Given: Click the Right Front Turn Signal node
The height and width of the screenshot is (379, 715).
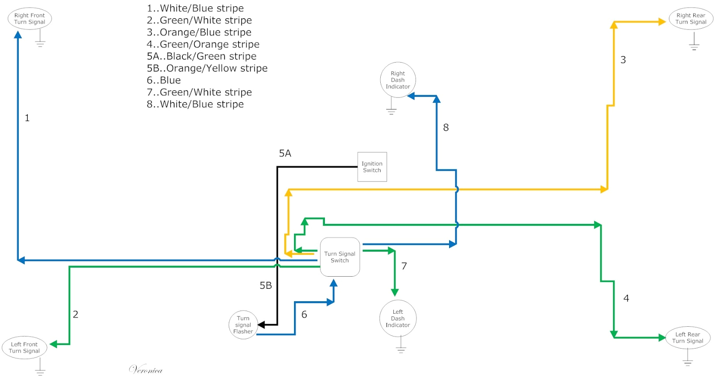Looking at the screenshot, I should coord(29,19).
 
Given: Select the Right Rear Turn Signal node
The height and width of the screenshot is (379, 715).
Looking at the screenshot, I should coord(691,19).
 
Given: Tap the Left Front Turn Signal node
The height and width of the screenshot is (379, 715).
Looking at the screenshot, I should coord(25,348).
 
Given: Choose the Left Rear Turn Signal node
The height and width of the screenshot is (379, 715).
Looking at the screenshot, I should coord(688,338).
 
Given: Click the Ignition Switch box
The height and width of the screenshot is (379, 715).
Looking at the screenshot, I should coord(372,167).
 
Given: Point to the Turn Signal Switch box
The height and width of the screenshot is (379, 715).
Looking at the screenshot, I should coord(340,257).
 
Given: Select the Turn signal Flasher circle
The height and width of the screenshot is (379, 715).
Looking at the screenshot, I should coord(243,325).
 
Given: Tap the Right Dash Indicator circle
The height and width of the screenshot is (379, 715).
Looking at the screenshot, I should coord(398,80).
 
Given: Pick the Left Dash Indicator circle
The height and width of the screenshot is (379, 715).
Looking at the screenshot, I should coord(398,318).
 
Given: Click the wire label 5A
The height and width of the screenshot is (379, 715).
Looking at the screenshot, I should coord(285,153).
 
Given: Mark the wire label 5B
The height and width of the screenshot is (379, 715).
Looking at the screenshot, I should coord(266,285).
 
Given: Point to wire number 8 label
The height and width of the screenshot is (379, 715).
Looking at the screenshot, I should coord(446,127).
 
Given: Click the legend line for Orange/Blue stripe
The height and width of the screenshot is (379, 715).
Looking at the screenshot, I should coord(199,32).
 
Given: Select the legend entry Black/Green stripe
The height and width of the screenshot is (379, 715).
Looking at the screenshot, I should coord(202,56).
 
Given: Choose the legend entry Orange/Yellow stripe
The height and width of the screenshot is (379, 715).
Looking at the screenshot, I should coord(207,68).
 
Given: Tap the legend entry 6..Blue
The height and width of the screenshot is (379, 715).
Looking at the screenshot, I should coord(164,80).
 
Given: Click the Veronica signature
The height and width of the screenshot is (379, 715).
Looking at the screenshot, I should coord(146,370).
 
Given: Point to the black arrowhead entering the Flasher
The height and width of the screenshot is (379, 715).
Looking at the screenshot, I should coord(261,325).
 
